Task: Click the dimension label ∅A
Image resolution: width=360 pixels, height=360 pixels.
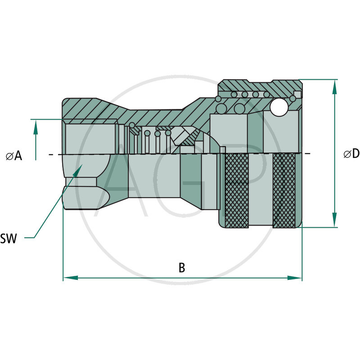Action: (x=14, y=156)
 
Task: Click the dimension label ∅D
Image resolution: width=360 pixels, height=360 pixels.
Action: (x=351, y=154)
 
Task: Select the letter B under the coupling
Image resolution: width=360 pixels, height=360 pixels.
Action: (x=182, y=268)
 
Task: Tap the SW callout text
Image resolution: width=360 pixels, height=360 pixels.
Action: (x=9, y=238)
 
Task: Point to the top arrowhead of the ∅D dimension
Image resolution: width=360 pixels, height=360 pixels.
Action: (x=334, y=85)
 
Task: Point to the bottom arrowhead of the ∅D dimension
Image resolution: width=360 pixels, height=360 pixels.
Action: (x=334, y=221)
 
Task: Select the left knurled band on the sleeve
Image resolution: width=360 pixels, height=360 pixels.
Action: (x=236, y=191)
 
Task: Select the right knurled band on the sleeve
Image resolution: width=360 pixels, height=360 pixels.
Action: (x=284, y=191)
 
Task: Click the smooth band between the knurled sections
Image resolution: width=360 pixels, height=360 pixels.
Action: (x=261, y=191)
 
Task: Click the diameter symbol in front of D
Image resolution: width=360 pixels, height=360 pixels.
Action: (x=347, y=154)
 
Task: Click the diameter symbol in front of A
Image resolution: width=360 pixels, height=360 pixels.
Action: (x=9, y=156)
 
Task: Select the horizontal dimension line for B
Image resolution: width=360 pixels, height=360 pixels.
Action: (x=135, y=278)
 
